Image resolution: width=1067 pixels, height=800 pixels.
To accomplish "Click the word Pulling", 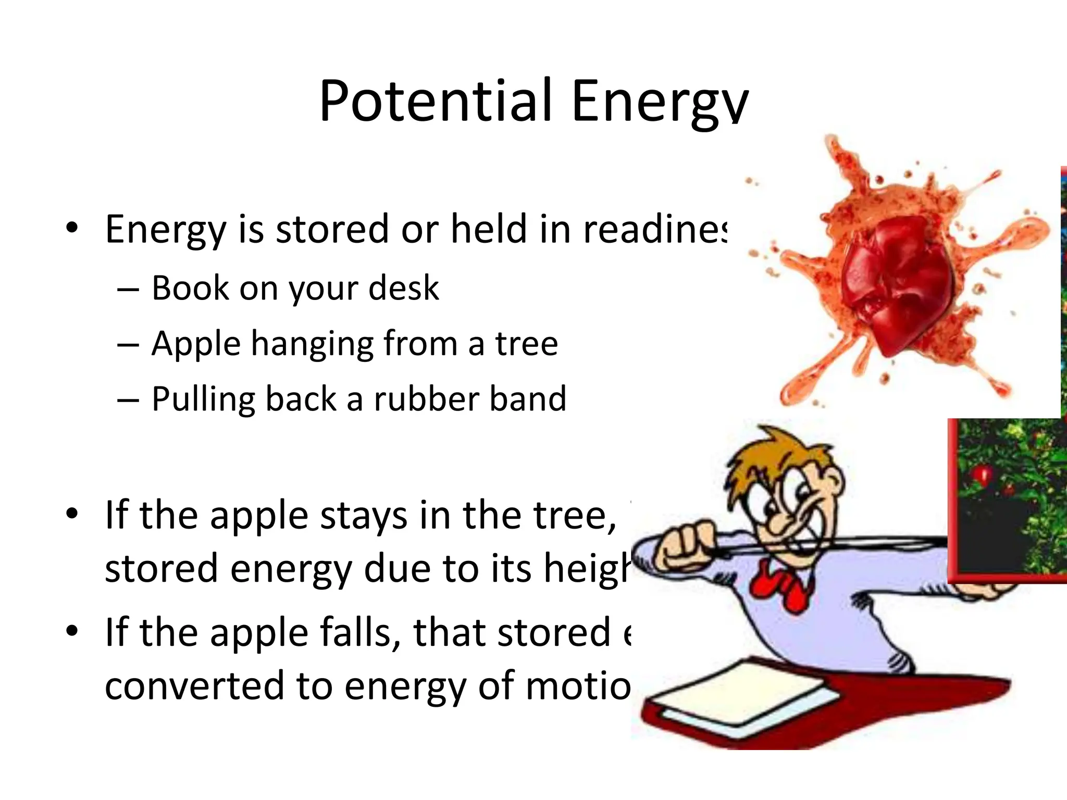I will (204, 400).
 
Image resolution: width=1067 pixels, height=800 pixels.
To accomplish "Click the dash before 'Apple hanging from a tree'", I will (128, 345).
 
